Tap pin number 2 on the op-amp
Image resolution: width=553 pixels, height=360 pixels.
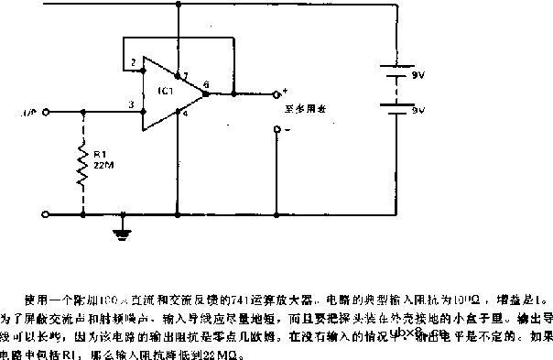point(134,62)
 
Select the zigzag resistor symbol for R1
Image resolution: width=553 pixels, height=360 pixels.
point(84,167)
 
